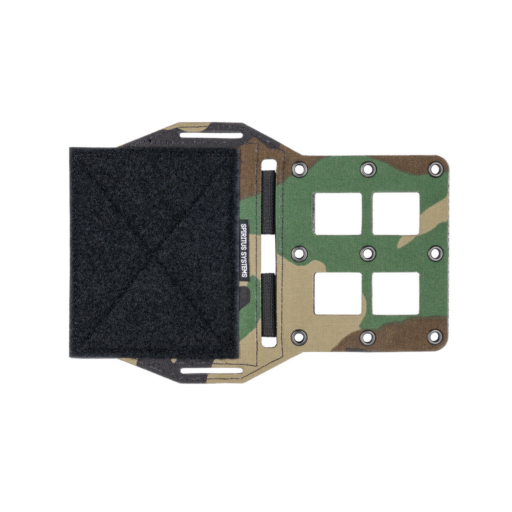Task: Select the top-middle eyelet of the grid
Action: click(367, 169)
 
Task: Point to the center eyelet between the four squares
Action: click(367, 253)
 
